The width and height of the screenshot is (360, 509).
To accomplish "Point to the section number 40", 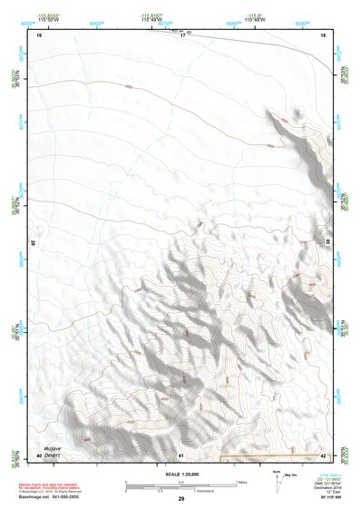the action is tap(39, 454).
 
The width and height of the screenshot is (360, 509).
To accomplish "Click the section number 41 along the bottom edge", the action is tap(181, 454).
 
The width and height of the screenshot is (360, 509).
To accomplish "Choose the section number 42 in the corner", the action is tap(323, 454).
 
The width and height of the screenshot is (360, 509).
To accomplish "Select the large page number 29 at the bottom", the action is tap(181, 499).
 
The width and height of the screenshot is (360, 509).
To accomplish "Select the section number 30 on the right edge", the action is tap(328, 243).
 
